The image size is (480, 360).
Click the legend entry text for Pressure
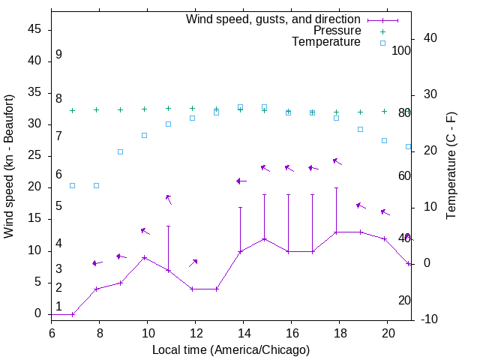[x=337, y=31]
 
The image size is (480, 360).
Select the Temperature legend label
[x=326, y=43]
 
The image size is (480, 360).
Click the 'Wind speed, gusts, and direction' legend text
[x=273, y=19]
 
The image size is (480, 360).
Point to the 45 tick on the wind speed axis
[x=34, y=29]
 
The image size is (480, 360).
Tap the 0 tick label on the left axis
[x=37, y=314]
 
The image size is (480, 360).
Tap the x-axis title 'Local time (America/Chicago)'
[x=230, y=349]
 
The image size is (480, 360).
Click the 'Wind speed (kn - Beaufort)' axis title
[x=9, y=166]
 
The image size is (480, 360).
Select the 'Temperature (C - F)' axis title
[x=451, y=166]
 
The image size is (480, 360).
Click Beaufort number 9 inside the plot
[x=58, y=55]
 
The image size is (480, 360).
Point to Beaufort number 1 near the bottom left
[x=58, y=306]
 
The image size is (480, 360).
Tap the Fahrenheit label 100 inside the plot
[x=401, y=51]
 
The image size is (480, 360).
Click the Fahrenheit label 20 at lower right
[x=404, y=300]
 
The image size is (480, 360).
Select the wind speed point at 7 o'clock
[x=73, y=314]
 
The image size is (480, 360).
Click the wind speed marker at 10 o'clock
[x=145, y=257]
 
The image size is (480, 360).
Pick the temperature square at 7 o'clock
[x=73, y=185]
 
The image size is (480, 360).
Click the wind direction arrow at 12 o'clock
[x=193, y=263]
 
